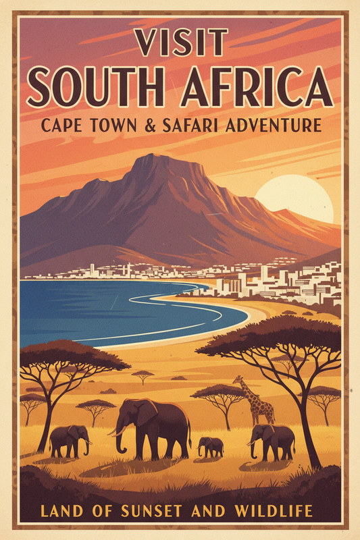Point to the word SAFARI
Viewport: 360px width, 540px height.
203,125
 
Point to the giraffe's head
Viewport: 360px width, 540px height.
238,381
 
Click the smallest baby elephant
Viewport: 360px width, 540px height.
211,446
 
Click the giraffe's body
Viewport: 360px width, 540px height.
261,406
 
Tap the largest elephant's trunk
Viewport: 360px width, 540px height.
120,439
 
